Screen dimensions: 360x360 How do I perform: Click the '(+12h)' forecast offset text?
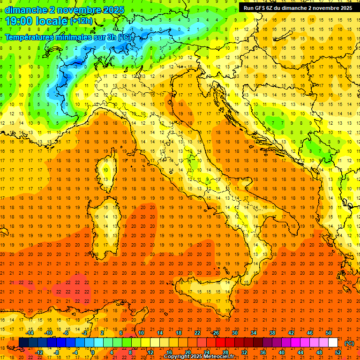tap(82, 21)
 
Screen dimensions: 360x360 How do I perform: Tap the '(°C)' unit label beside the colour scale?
tap(349, 343)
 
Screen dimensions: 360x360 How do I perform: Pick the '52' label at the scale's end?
tap(338, 352)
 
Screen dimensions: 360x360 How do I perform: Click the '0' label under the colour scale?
tap(93, 352)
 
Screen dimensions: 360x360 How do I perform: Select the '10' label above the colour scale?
tap(141, 333)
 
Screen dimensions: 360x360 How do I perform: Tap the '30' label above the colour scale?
tap(234, 333)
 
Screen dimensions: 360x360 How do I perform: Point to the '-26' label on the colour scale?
tap(215, 333)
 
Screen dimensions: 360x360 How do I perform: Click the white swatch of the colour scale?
tap(333, 342)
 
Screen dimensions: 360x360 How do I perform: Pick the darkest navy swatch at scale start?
tap(23, 342)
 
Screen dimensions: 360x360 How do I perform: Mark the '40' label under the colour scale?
tap(281, 352)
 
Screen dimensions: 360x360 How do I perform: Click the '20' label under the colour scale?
tap(187, 352)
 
